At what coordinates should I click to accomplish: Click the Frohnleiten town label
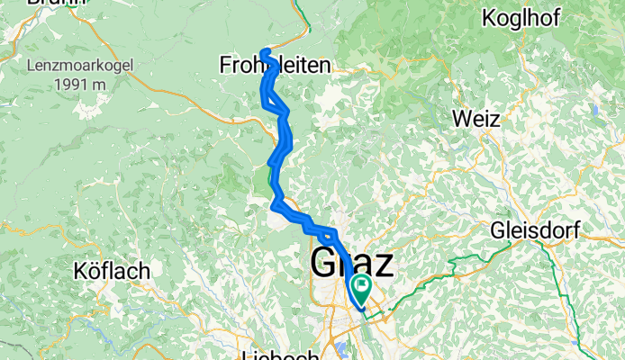275,65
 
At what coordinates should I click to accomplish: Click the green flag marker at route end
362,290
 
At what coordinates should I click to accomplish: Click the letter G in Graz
324,265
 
